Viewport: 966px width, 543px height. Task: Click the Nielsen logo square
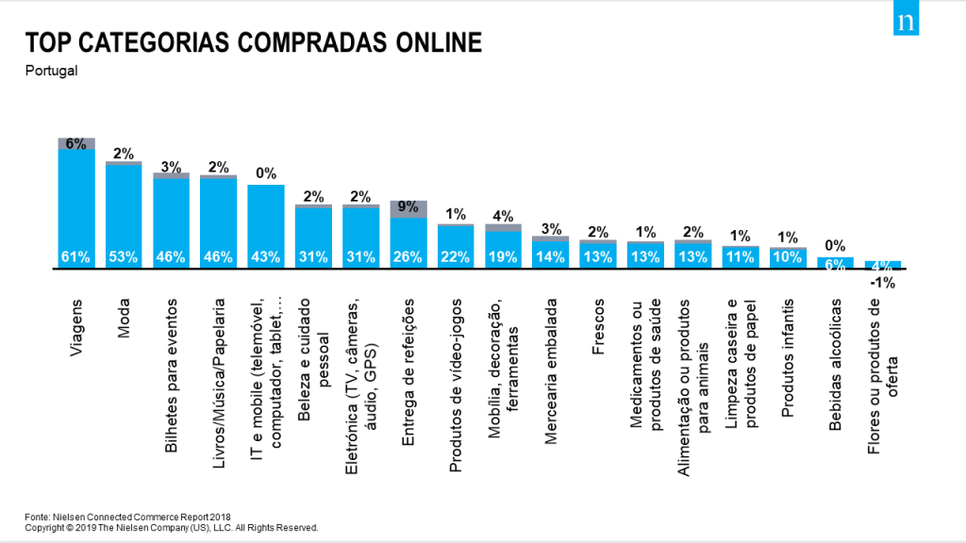tap(906, 18)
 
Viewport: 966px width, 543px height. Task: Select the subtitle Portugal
tap(51, 71)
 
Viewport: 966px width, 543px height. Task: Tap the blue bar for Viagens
tap(76, 208)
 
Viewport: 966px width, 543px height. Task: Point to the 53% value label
tap(124, 256)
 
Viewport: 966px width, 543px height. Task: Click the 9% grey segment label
tap(408, 206)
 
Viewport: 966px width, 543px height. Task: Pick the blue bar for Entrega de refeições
tap(408, 243)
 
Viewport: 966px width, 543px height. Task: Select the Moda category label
tap(124, 319)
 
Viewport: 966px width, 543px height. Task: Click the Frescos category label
tap(598, 327)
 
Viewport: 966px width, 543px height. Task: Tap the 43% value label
tap(265, 256)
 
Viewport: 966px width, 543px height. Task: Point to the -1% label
tap(882, 283)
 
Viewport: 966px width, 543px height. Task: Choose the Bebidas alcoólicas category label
tap(835, 365)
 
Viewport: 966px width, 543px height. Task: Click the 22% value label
tap(456, 256)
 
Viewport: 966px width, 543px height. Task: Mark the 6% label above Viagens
tap(75, 143)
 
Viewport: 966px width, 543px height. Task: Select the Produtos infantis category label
tap(788, 358)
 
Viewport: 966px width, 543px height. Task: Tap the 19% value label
tap(503, 256)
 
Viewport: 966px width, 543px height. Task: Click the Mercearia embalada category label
tap(551, 371)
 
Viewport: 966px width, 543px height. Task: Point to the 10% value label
tap(788, 256)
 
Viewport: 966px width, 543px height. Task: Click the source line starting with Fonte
tap(127, 518)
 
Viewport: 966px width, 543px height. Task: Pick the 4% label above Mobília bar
tap(503, 216)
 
